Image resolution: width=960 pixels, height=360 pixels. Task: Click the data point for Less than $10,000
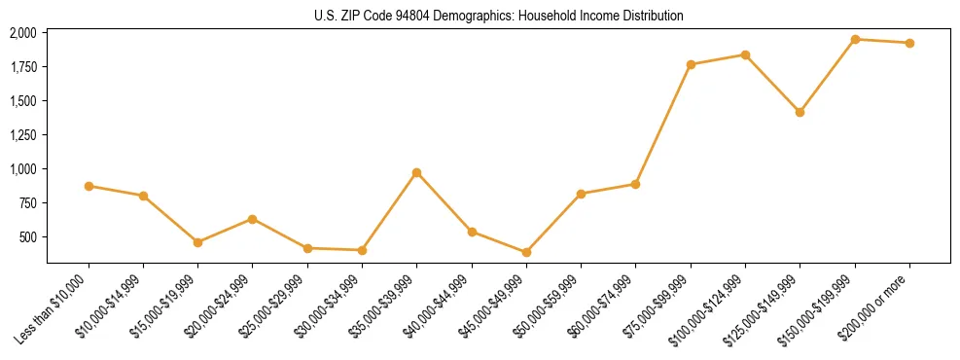click(89, 186)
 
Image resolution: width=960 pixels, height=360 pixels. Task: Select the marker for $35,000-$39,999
click(417, 172)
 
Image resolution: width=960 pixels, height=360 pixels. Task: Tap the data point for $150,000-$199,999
click(855, 40)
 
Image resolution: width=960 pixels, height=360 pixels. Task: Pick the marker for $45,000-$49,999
click(526, 252)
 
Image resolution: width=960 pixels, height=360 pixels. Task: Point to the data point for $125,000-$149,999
click(800, 112)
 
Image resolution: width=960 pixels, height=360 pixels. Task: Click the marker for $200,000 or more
click(909, 43)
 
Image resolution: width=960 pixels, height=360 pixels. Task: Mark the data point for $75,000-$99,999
click(691, 64)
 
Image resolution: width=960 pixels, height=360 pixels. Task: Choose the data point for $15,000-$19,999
click(198, 242)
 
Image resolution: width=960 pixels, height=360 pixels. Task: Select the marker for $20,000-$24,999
click(253, 219)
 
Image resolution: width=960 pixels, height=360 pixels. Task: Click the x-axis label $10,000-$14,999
click(112, 306)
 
